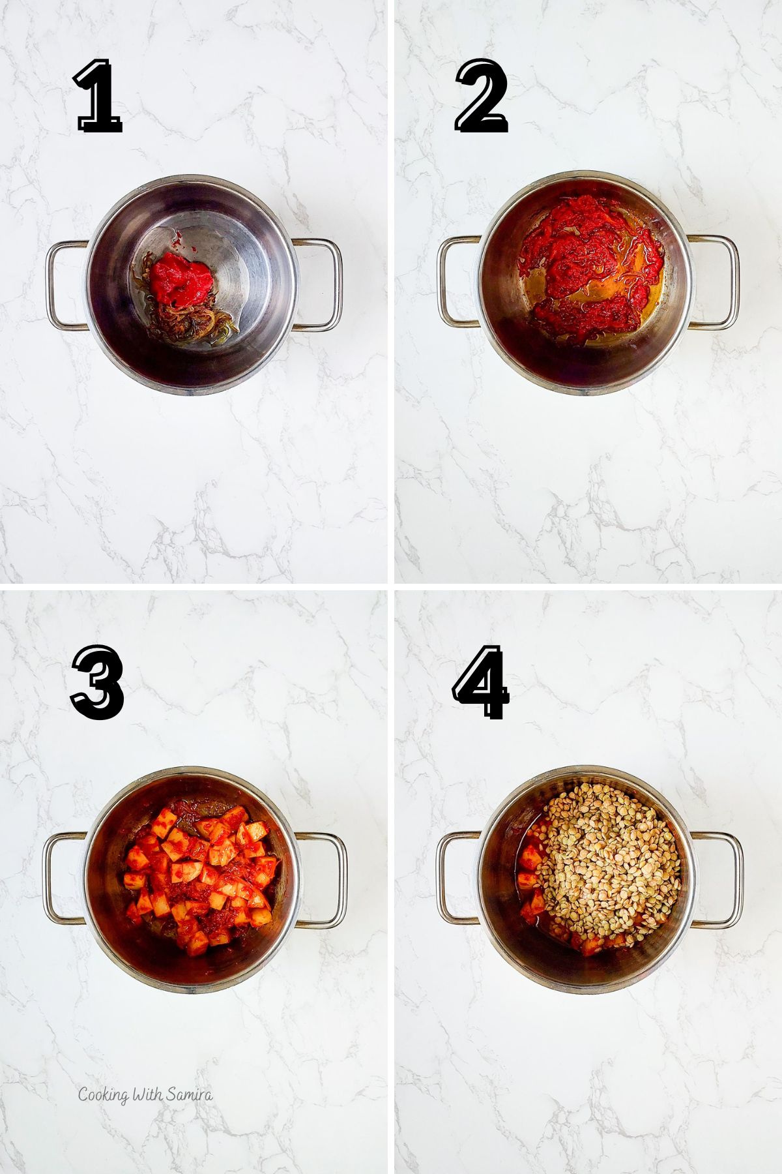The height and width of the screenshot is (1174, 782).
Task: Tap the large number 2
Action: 482,97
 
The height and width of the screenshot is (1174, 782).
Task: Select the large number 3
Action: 98,682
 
